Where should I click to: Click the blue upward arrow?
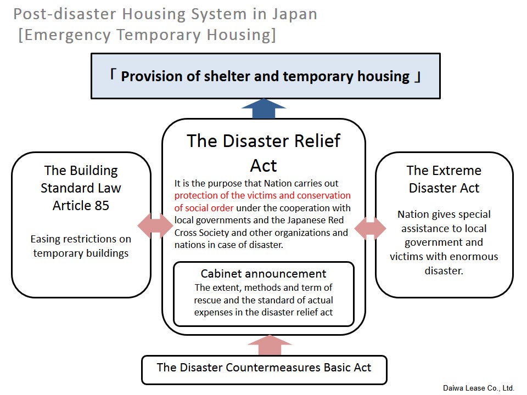click(x=263, y=109)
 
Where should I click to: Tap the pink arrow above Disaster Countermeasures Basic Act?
click(x=270, y=345)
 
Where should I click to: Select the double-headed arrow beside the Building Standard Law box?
click(x=155, y=225)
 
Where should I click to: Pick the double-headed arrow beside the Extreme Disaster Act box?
click(x=371, y=228)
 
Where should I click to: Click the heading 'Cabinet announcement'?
click(x=263, y=274)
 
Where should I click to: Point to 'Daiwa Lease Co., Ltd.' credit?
click(x=479, y=388)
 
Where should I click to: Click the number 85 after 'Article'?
click(x=102, y=206)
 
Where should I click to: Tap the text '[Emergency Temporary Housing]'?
click(x=147, y=35)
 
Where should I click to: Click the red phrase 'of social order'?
click(x=204, y=208)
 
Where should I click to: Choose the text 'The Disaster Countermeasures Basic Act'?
click(x=264, y=368)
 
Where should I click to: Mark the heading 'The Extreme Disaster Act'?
click(x=444, y=179)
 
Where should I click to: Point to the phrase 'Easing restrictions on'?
click(x=81, y=239)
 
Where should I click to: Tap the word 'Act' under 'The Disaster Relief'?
click(x=263, y=166)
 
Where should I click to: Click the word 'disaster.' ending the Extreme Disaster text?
click(x=444, y=270)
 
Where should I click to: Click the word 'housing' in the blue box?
click(x=384, y=77)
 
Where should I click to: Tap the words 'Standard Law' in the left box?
click(x=81, y=188)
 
